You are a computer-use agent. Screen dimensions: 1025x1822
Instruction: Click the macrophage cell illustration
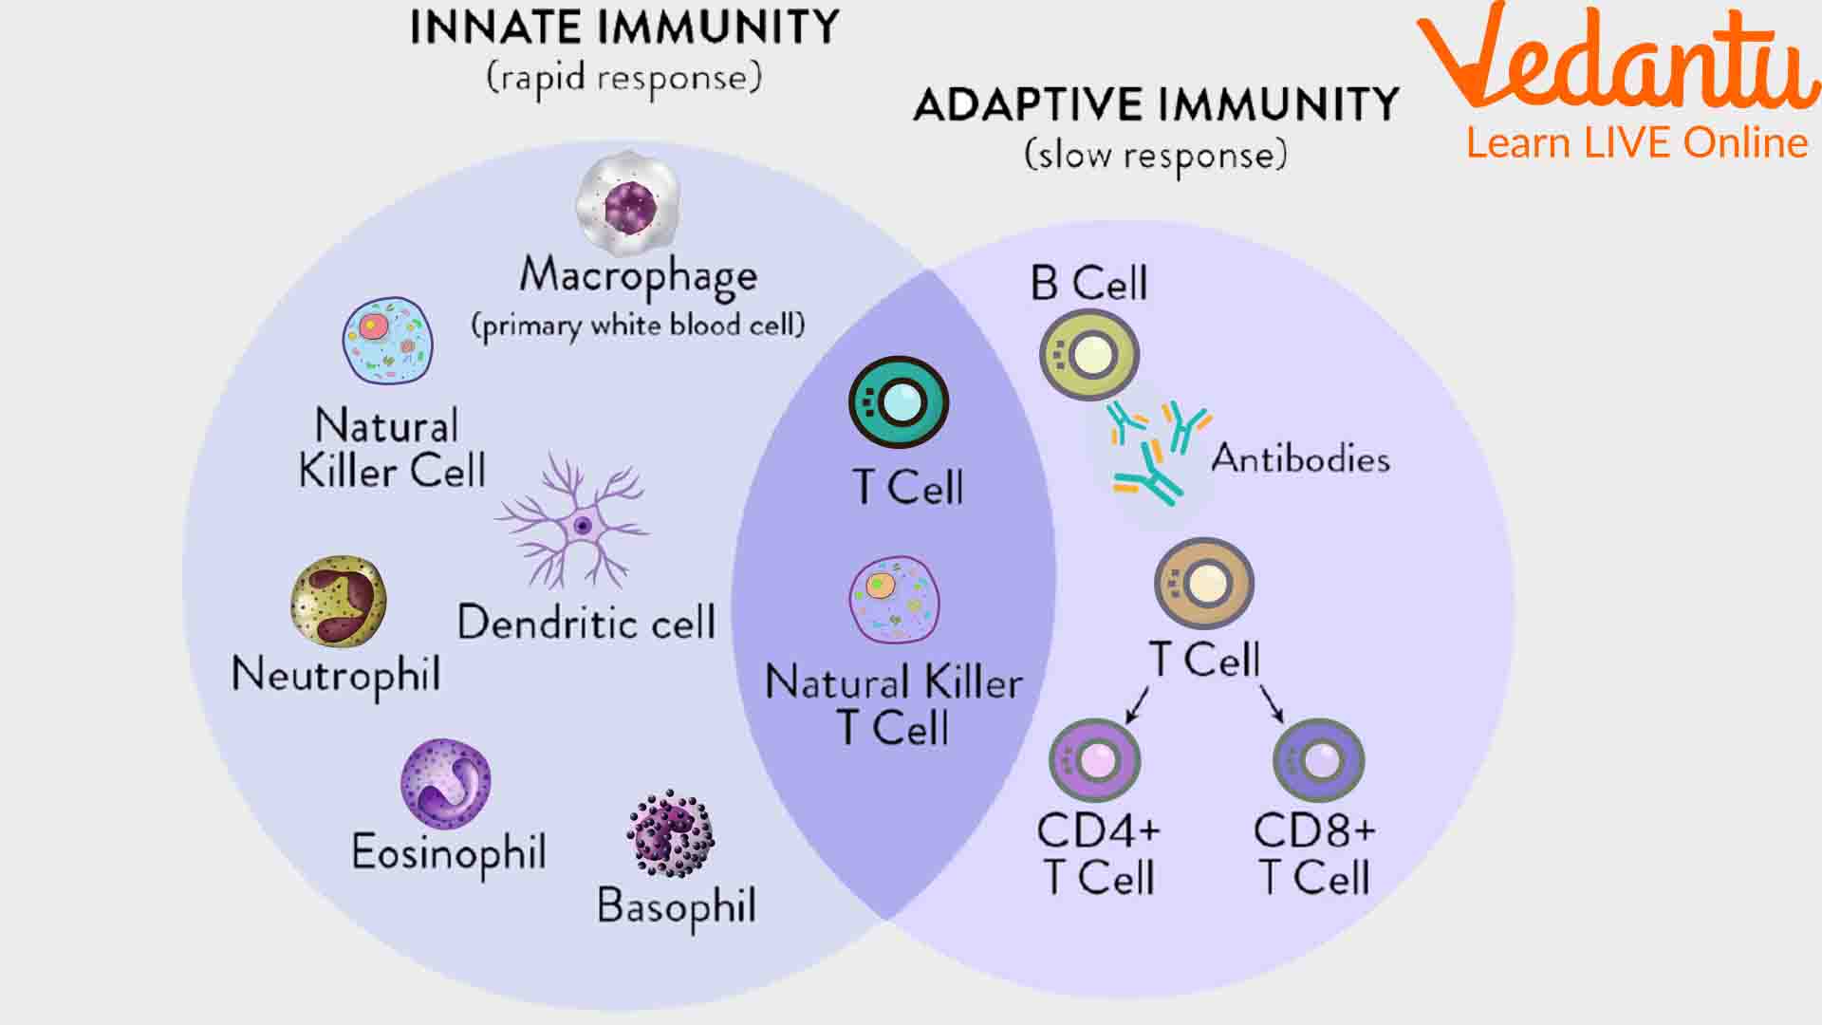pyautogui.click(x=628, y=202)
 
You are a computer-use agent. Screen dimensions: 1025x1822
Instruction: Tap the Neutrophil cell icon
pyautogui.click(x=338, y=602)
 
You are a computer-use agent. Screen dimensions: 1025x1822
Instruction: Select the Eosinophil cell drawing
pyautogui.click(x=445, y=784)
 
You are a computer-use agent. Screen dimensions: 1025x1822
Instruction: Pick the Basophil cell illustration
pyautogui.click(x=671, y=833)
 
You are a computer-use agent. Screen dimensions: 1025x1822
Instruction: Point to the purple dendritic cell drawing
pyautogui.click(x=575, y=523)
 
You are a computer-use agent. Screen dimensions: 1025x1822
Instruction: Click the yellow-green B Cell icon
pyautogui.click(x=1089, y=356)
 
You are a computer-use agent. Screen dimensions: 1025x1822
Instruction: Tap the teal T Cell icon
pyautogui.click(x=898, y=402)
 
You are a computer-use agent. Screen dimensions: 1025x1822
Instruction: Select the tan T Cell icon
pyautogui.click(x=1203, y=583)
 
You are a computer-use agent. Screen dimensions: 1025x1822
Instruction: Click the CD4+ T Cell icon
pyautogui.click(x=1094, y=759)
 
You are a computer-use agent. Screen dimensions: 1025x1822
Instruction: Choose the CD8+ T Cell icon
pyautogui.click(x=1318, y=759)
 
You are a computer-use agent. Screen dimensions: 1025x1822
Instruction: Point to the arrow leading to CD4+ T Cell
pyautogui.click(x=1137, y=704)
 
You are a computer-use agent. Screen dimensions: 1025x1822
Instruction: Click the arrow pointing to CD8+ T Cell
pyautogui.click(x=1272, y=702)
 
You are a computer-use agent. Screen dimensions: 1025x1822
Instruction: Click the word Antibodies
pyautogui.click(x=1300, y=459)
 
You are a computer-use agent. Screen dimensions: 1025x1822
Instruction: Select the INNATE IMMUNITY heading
pyautogui.click(x=624, y=28)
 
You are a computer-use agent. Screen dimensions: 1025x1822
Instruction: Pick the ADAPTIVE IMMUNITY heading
pyautogui.click(x=1156, y=104)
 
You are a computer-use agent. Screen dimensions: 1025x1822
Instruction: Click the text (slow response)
pyautogui.click(x=1156, y=155)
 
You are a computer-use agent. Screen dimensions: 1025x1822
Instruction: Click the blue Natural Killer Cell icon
pyautogui.click(x=387, y=341)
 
